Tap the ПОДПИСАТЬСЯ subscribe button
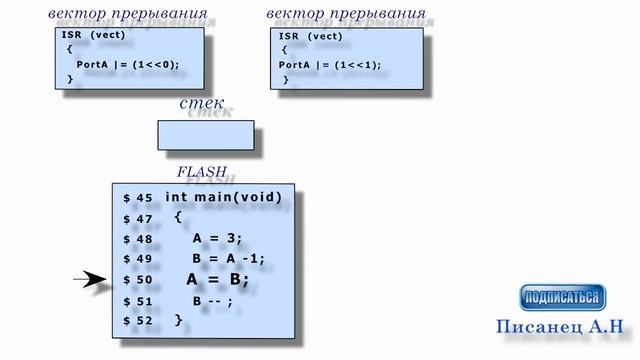point(563,297)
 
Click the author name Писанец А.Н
point(559,326)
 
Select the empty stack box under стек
point(205,135)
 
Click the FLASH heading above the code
point(201,172)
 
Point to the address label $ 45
point(138,198)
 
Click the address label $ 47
point(138,218)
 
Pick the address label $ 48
point(138,239)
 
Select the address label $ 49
point(138,259)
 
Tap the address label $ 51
point(138,301)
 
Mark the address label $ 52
point(138,321)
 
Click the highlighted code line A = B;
point(217,280)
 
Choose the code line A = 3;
point(218,238)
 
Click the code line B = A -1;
point(228,258)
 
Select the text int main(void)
point(223,197)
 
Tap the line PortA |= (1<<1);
point(330,65)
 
